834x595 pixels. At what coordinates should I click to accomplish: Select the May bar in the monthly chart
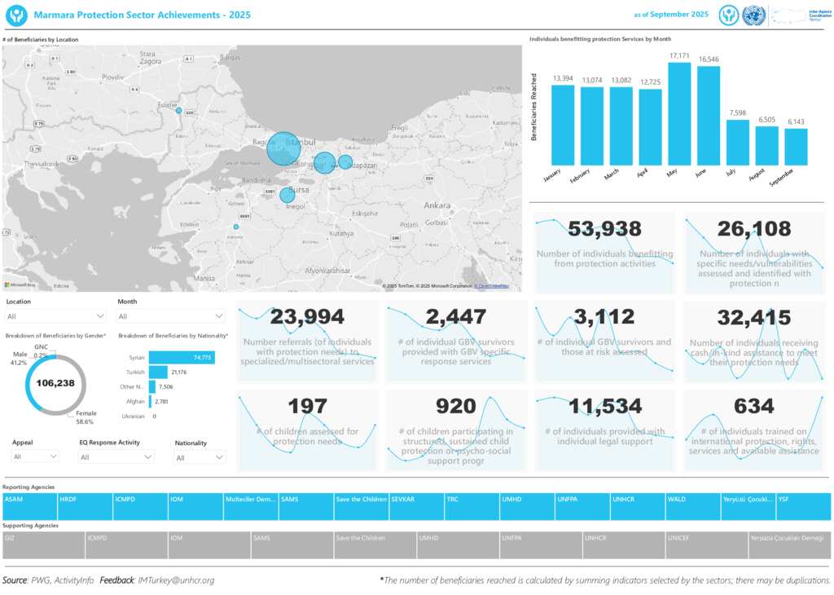point(679,114)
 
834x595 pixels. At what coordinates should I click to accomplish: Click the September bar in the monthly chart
point(796,147)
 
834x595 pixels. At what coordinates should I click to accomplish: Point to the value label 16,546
point(709,59)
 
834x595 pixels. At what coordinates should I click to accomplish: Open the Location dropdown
point(55,316)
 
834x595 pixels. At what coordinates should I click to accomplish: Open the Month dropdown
point(171,316)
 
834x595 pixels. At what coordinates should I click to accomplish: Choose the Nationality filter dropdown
point(200,458)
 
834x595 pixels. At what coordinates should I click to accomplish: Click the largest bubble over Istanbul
point(283,148)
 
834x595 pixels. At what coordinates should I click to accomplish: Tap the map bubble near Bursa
point(287,196)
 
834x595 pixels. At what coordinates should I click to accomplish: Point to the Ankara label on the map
point(437,205)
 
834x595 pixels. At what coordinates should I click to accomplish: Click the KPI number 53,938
point(604,230)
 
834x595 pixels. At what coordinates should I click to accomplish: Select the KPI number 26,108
point(754,230)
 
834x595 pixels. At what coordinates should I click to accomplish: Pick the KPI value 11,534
point(604,406)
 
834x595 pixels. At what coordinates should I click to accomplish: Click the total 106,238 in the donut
point(55,384)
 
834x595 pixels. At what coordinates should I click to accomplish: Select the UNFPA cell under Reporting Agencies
point(582,506)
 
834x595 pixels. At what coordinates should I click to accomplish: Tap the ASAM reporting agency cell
point(29,506)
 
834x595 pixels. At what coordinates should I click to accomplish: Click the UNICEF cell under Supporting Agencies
point(706,545)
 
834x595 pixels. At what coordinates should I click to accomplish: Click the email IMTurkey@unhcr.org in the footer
point(176,580)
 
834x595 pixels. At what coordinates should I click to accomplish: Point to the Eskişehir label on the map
point(363,214)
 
